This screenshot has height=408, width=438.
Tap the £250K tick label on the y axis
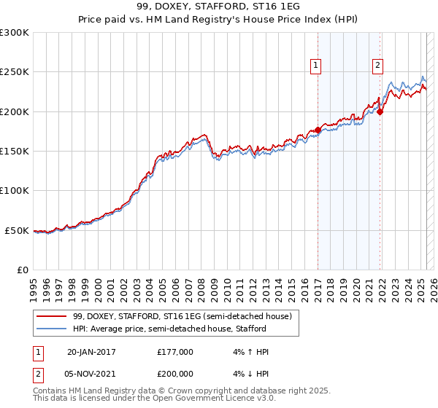coord(14,72)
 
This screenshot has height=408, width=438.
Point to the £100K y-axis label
coord(14,190)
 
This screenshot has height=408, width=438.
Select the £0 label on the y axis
coord(22,270)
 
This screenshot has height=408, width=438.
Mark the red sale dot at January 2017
coord(318,130)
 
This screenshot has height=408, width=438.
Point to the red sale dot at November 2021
coord(381,111)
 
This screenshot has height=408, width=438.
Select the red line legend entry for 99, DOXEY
coord(182,316)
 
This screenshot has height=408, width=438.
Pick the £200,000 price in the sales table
coord(175,376)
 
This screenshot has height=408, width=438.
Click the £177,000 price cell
coord(175,352)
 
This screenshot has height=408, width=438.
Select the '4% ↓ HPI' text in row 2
coord(250,376)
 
